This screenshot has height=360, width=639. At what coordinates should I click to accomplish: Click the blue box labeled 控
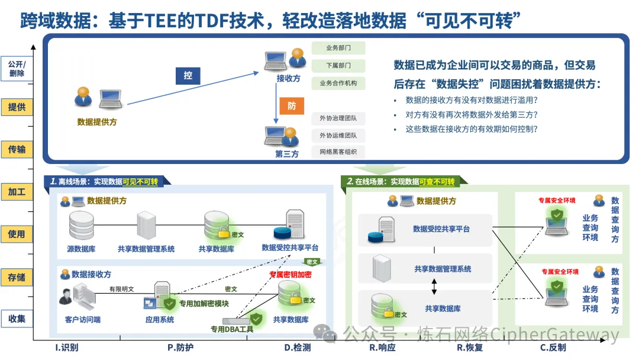tap(188, 76)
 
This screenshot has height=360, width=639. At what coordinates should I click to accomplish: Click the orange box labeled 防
tap(292, 106)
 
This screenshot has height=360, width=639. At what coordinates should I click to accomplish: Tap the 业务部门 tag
tap(338, 48)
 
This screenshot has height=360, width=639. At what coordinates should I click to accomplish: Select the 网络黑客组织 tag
tap(338, 152)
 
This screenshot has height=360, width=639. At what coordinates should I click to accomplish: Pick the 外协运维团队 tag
tap(338, 135)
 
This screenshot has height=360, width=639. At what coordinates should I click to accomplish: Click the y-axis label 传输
tap(17, 149)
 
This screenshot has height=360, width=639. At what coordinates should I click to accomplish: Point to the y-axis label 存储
tap(17, 277)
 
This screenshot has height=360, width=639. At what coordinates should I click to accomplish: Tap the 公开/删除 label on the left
tap(17, 69)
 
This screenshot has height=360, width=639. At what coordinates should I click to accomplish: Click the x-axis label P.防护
tap(180, 348)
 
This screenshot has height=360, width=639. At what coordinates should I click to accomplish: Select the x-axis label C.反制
tap(553, 348)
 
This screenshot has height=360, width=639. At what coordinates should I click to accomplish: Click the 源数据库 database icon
tap(81, 225)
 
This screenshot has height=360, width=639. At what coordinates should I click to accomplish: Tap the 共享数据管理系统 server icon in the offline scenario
tap(146, 225)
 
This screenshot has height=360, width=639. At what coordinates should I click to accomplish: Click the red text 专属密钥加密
tap(290, 275)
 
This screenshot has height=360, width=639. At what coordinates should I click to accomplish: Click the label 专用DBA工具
tap(232, 329)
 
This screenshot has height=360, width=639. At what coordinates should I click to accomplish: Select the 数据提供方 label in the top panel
tap(97, 122)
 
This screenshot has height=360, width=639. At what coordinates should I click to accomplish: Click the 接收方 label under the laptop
tap(288, 78)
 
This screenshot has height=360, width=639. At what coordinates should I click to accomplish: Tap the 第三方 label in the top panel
tap(287, 154)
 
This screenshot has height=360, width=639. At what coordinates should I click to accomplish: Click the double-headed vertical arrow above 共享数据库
tap(434, 287)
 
